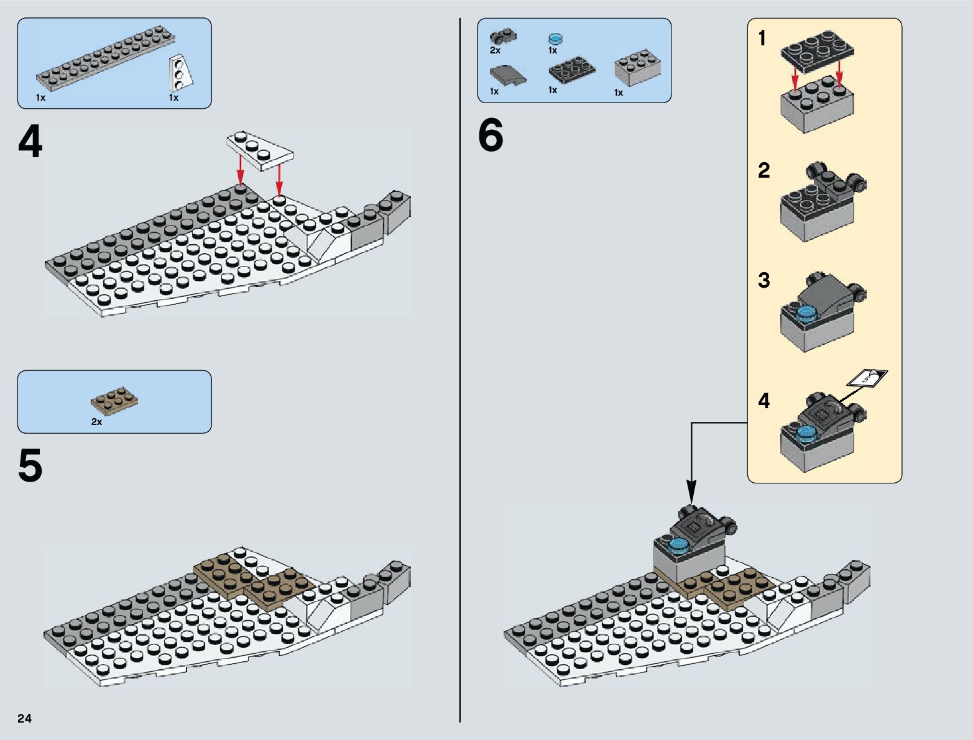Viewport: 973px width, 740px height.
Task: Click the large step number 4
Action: point(30,143)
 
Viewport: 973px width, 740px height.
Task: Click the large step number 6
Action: point(491,136)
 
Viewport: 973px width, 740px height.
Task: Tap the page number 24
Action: point(24,718)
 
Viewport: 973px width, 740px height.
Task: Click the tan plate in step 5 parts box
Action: point(114,401)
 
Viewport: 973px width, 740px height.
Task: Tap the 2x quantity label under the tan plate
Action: point(96,422)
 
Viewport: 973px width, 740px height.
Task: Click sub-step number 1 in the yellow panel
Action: point(762,39)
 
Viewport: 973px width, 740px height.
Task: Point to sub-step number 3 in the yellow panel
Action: point(764,280)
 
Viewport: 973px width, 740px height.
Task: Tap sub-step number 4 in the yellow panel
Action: point(764,401)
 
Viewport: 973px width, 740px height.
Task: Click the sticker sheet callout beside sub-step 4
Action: point(868,377)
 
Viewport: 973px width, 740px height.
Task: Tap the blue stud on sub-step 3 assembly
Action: point(806,313)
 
